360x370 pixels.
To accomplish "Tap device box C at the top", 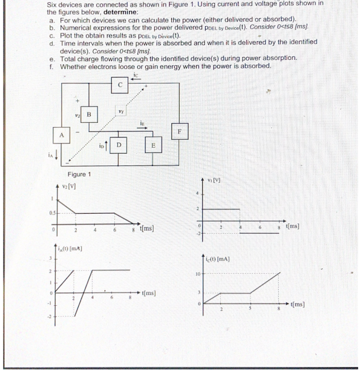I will pos(120,85).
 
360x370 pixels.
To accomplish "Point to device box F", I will pos(179,130).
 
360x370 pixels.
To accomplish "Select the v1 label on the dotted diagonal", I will pos(120,111).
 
